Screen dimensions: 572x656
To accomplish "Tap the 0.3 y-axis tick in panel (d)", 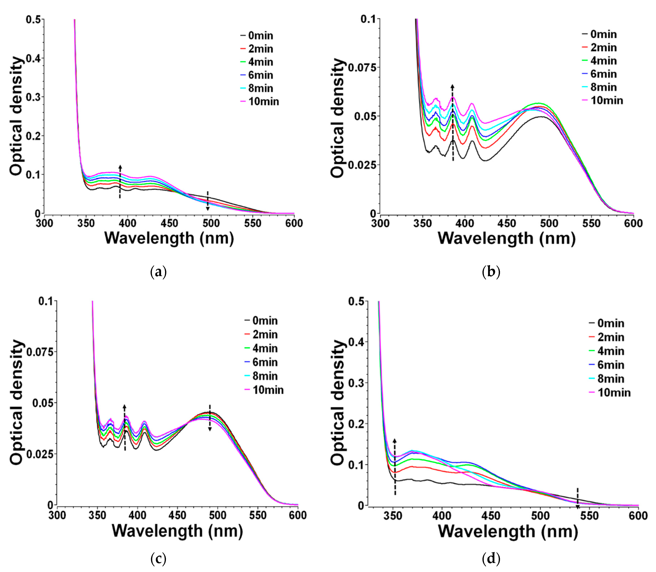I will click(x=356, y=382).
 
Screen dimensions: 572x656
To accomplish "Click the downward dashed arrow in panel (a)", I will click(x=208, y=201).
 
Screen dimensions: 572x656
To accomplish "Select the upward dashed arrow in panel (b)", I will click(x=453, y=123).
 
